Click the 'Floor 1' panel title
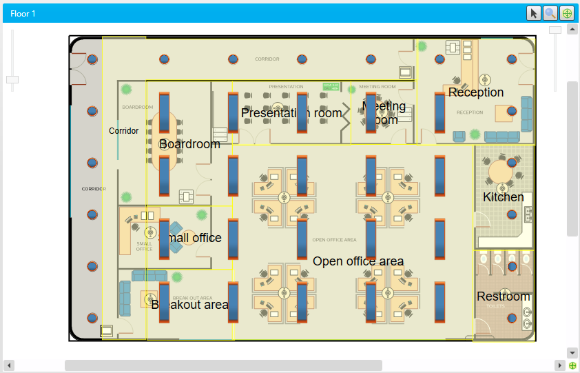[x=23, y=13]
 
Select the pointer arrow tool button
[x=534, y=13]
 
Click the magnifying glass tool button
[x=550, y=13]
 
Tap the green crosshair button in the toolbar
[x=567, y=13]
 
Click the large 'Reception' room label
[x=476, y=92]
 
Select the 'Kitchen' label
[x=503, y=197]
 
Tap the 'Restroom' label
[x=504, y=296]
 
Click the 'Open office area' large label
[x=358, y=261]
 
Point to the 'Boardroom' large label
[x=189, y=144]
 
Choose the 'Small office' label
[x=190, y=238]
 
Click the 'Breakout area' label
[x=189, y=305]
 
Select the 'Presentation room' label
[x=291, y=113]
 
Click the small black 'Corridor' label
[x=123, y=131]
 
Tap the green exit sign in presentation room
[x=331, y=87]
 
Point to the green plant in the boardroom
[x=127, y=89]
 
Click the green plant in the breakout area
[x=177, y=277]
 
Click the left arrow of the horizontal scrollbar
[x=10, y=365]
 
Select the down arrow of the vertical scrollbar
[x=572, y=352]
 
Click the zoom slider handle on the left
[x=12, y=80]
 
